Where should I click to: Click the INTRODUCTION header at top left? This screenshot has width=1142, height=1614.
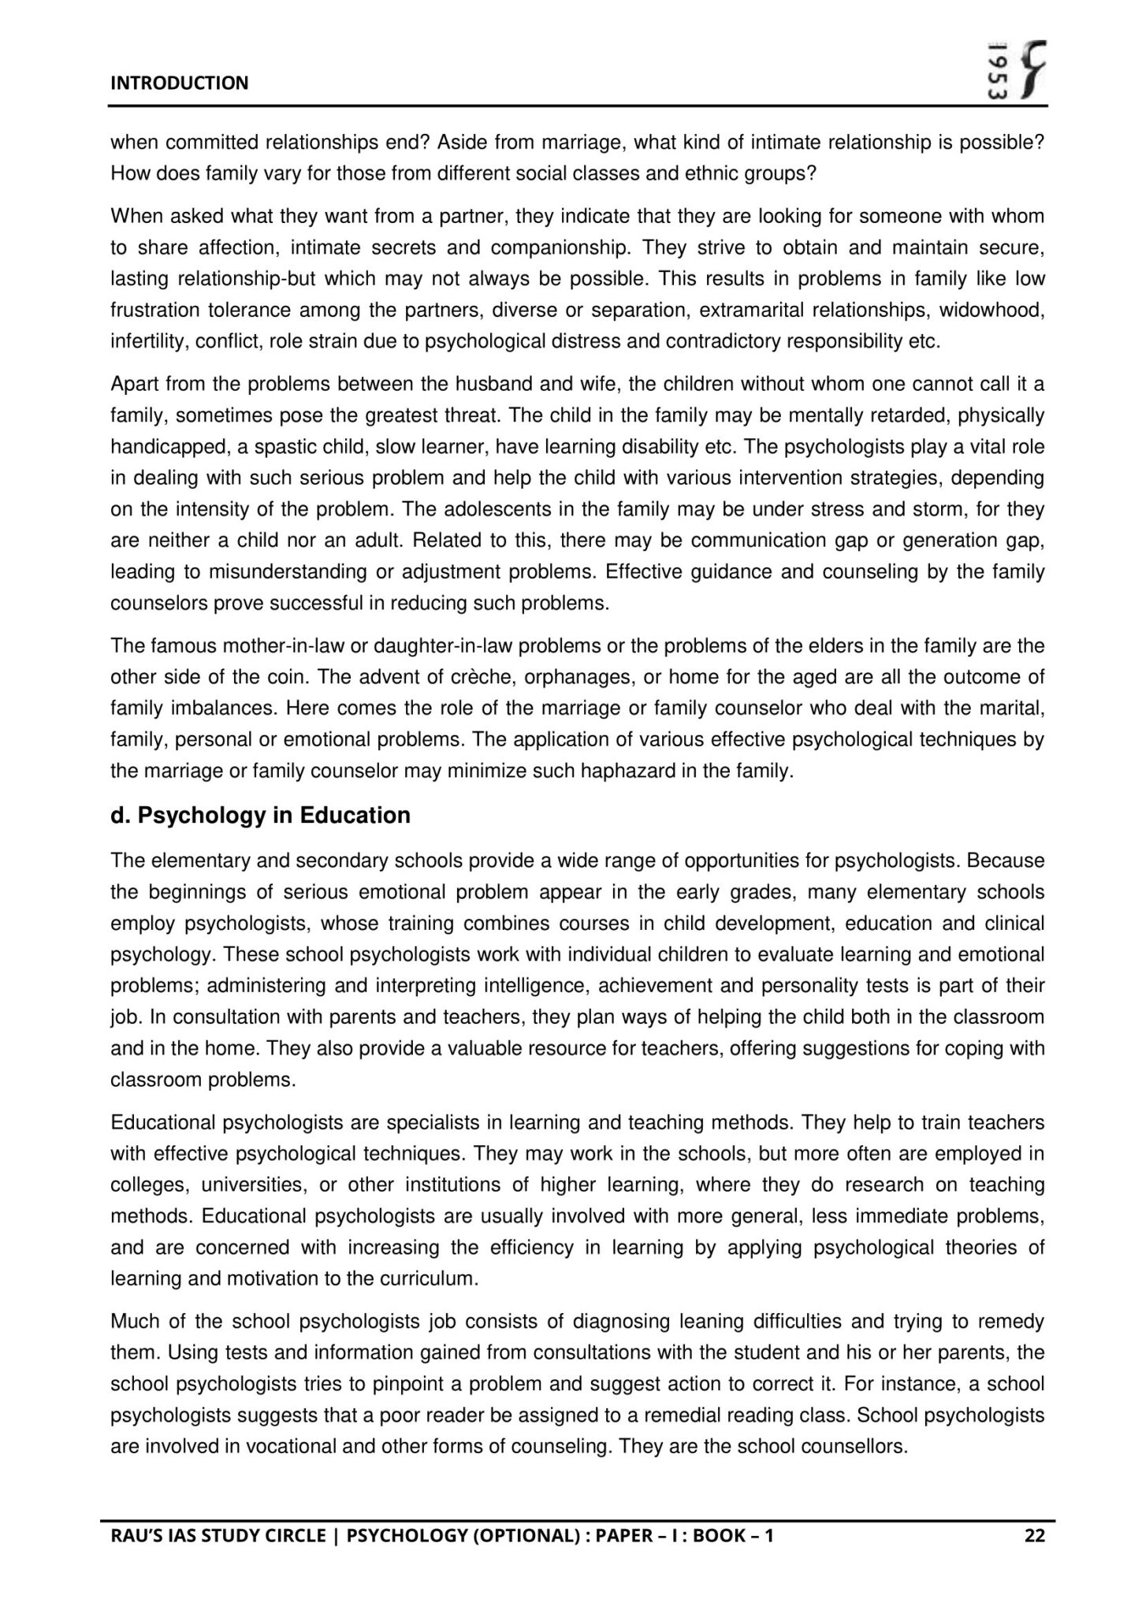pyautogui.click(x=179, y=83)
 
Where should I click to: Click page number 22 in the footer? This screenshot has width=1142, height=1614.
pyautogui.click(x=1034, y=1535)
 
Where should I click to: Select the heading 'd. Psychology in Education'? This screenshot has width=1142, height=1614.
pyautogui.click(x=260, y=815)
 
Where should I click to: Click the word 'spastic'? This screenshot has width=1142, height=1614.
pyautogui.click(x=285, y=447)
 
